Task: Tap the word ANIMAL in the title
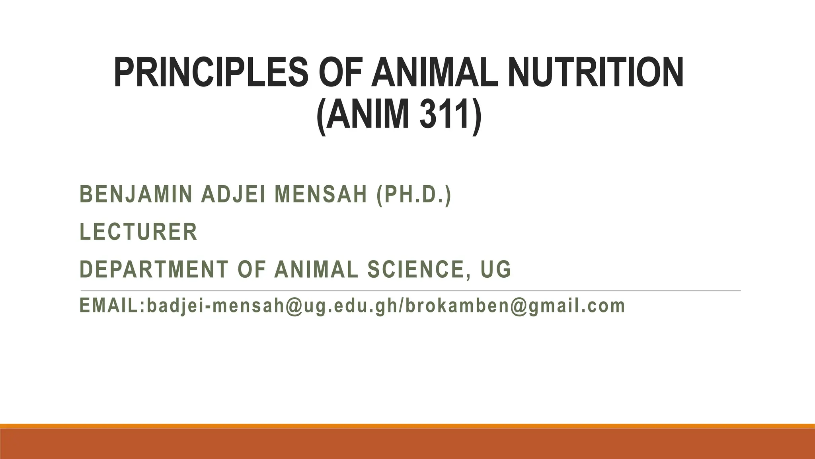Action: [x=435, y=73]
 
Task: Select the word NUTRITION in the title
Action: [x=596, y=73]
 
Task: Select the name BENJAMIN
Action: [x=136, y=195]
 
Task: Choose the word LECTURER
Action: [x=138, y=232]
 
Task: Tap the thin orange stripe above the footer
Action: [x=407, y=426]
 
